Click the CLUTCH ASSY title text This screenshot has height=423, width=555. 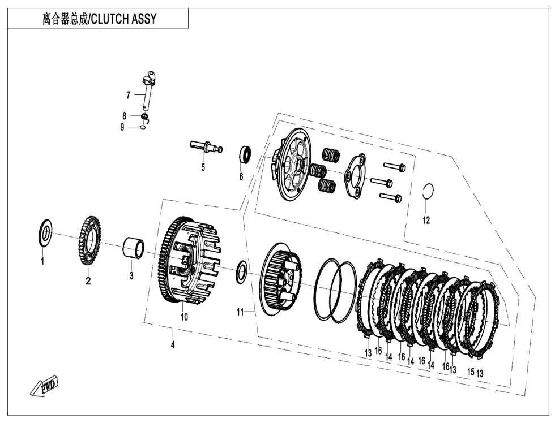(99, 20)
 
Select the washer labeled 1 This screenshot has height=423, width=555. (45, 232)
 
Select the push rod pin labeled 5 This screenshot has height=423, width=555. (206, 146)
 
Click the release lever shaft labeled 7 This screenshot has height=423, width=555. (149, 90)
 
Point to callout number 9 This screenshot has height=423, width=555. (122, 127)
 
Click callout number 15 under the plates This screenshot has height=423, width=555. (470, 372)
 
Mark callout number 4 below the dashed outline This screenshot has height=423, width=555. (173, 346)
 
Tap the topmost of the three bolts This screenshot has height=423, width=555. (394, 167)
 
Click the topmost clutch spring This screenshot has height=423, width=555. (330, 153)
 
